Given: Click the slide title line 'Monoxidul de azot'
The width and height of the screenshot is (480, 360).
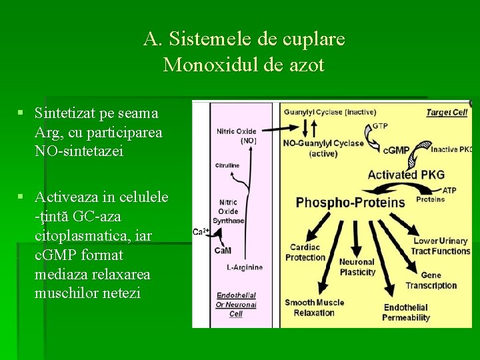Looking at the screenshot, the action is tap(243, 65).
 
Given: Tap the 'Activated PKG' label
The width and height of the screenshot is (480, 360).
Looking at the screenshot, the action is tap(405, 175).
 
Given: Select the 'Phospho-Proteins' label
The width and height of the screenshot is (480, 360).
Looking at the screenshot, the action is tap(351, 203).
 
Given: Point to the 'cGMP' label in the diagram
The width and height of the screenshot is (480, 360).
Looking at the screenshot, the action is tap(397, 150).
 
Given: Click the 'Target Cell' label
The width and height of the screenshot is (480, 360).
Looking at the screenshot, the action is tap(447, 113).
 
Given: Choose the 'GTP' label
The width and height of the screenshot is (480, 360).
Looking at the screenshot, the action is tap(380, 125).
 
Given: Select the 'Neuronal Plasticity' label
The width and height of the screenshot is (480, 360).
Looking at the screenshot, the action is tap(357, 267).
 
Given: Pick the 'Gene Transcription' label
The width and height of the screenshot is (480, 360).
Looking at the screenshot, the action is tap(431, 280).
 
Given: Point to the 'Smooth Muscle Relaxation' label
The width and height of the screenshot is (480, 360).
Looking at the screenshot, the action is tap(315, 307).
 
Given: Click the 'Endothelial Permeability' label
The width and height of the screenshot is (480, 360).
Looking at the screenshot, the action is tap(406, 313).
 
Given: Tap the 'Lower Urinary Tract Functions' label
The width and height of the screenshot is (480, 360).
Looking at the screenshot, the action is tap(441, 246).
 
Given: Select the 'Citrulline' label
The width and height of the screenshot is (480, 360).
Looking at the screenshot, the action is tap(227, 165).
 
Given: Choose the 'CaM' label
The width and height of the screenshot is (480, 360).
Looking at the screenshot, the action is tap(223, 251).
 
